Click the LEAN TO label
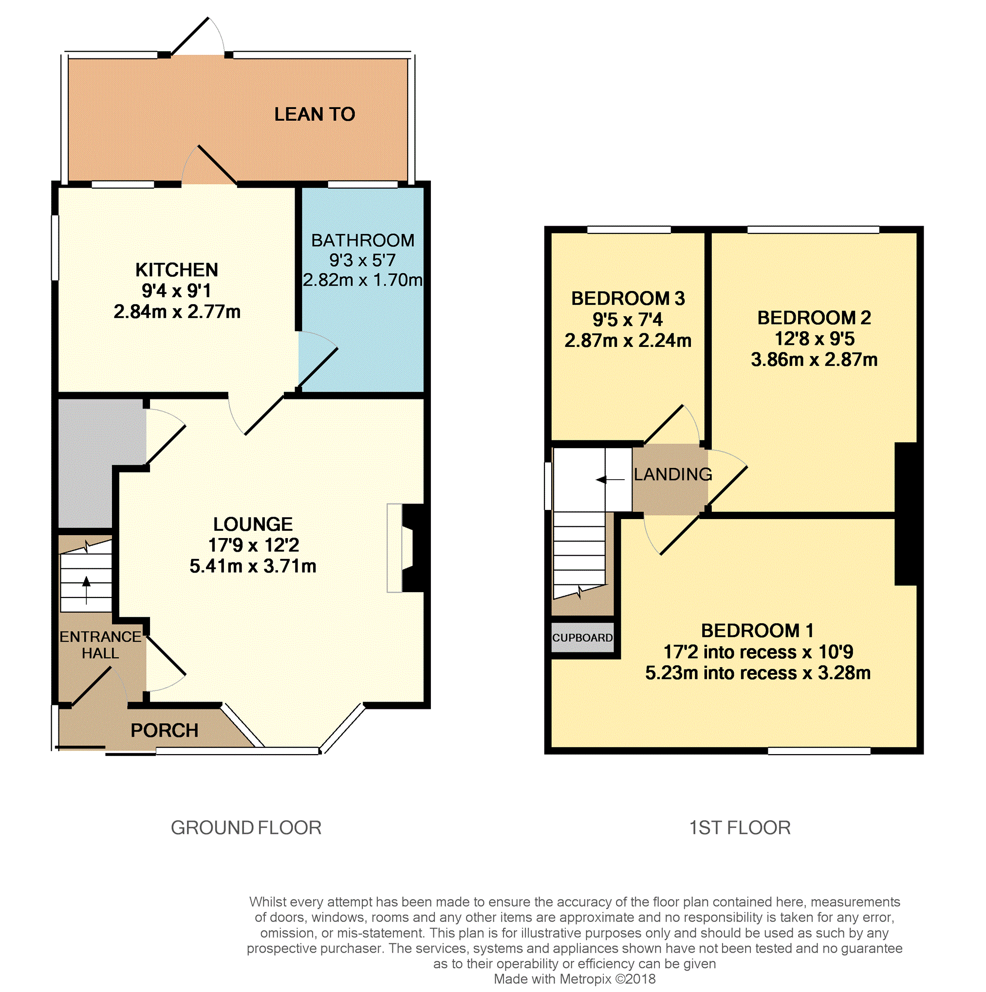click(315, 114)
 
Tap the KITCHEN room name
click(177, 270)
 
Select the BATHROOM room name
click(363, 240)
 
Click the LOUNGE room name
click(253, 524)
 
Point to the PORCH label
click(165, 730)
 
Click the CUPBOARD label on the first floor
click(583, 638)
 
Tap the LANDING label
click(673, 474)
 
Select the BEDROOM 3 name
click(628, 298)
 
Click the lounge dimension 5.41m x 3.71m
click(253, 566)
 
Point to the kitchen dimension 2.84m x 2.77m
click(177, 311)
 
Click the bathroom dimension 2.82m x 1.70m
click(363, 280)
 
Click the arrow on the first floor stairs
click(610, 480)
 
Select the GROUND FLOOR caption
click(246, 828)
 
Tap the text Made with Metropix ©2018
click(575, 979)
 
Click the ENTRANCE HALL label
click(100, 645)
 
